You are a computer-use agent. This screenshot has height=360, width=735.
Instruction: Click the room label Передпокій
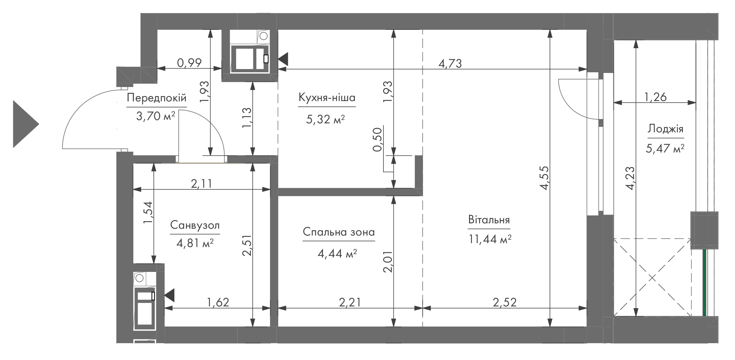[157, 98]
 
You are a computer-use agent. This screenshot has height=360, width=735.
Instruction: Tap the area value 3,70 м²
[156, 116]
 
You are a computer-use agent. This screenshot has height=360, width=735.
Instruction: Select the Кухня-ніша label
[327, 97]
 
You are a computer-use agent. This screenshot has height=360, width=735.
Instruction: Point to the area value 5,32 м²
[325, 119]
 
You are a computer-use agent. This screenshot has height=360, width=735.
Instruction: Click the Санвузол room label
[195, 225]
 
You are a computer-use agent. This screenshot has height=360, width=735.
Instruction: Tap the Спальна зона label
[339, 232]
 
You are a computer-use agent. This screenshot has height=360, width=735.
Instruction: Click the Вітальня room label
[489, 220]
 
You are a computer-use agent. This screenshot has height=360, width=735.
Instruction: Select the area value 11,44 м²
[490, 239]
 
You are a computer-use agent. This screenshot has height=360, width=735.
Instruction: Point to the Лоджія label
[666, 129]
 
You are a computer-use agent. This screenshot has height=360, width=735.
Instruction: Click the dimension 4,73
[450, 64]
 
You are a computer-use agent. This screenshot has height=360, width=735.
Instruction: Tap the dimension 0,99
[189, 63]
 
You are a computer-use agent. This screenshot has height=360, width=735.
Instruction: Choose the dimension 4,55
[544, 177]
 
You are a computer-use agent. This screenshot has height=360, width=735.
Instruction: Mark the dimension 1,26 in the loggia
[655, 97]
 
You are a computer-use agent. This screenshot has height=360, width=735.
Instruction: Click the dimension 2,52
[505, 302]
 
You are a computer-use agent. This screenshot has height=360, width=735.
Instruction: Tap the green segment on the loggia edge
[704, 283]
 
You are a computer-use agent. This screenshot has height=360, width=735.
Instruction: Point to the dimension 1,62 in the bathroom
[218, 302]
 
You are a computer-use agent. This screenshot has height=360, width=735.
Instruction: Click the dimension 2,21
[350, 302]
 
